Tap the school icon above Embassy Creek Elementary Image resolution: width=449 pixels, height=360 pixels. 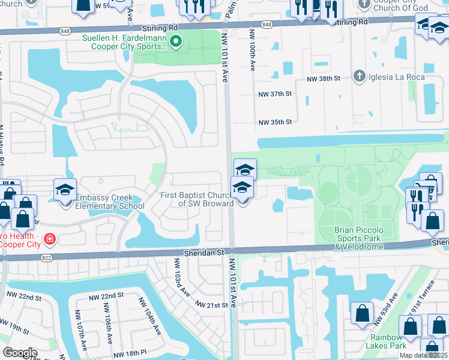pos(65,190)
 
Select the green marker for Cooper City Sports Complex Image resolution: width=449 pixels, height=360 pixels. pos(176,42)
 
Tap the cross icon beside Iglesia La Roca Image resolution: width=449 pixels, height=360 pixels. pos(359,76)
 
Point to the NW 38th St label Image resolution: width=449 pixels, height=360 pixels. pos(324,79)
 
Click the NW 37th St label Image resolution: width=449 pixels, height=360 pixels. pos(275,94)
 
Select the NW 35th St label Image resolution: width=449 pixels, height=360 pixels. pos(275,122)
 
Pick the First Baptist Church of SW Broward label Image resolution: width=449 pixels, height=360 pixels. pos(197,199)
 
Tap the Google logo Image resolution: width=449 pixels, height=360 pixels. pos(20,353)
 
